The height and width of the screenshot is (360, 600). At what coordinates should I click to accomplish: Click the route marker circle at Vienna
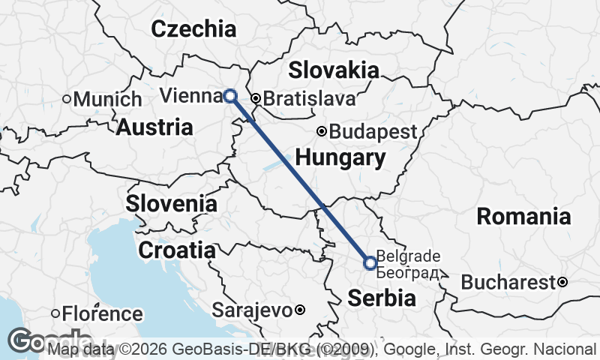[230, 96]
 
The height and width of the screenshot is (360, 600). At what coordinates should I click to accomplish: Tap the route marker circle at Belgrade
[370, 262]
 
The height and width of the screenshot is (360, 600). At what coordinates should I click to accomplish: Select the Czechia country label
[193, 29]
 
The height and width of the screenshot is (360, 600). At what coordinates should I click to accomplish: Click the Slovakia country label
[333, 70]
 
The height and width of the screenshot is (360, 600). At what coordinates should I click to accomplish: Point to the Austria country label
[154, 127]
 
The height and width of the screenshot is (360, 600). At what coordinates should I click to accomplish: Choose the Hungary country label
[340, 158]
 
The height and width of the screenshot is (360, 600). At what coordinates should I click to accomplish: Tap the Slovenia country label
[171, 204]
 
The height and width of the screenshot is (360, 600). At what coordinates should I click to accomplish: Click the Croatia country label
[177, 250]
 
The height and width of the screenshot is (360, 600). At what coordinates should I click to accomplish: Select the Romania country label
[523, 217]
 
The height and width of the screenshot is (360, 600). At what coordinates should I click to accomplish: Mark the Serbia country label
[381, 298]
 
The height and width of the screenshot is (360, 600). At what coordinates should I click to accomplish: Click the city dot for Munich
[67, 99]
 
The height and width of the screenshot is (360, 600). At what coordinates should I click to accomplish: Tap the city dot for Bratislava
[255, 98]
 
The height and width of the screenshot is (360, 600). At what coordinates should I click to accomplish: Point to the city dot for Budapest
[322, 132]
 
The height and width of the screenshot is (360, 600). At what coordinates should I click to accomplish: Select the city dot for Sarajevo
[299, 310]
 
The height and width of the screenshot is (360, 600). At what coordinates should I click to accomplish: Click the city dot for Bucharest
[562, 283]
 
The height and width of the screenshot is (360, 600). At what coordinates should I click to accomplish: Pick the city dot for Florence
[55, 313]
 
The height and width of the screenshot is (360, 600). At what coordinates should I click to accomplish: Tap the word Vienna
[190, 96]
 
